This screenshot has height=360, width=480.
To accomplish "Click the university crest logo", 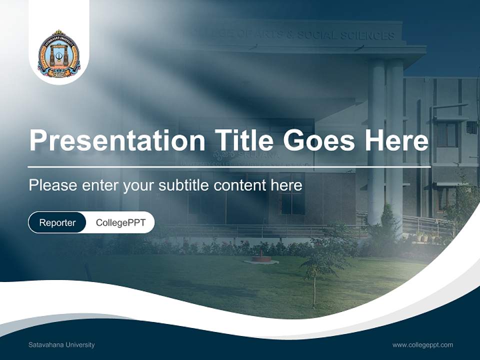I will [59, 54].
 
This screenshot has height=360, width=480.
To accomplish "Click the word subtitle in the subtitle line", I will [185, 185].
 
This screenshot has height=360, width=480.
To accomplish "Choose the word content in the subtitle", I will [239, 185].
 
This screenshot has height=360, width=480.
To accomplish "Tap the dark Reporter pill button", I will [57, 222].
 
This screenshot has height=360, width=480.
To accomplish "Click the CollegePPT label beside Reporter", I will [120, 222].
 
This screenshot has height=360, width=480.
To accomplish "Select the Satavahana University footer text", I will [61, 345].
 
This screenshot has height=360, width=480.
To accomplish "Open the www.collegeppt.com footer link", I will [422, 345].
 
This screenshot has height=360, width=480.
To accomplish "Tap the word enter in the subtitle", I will [100, 185].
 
